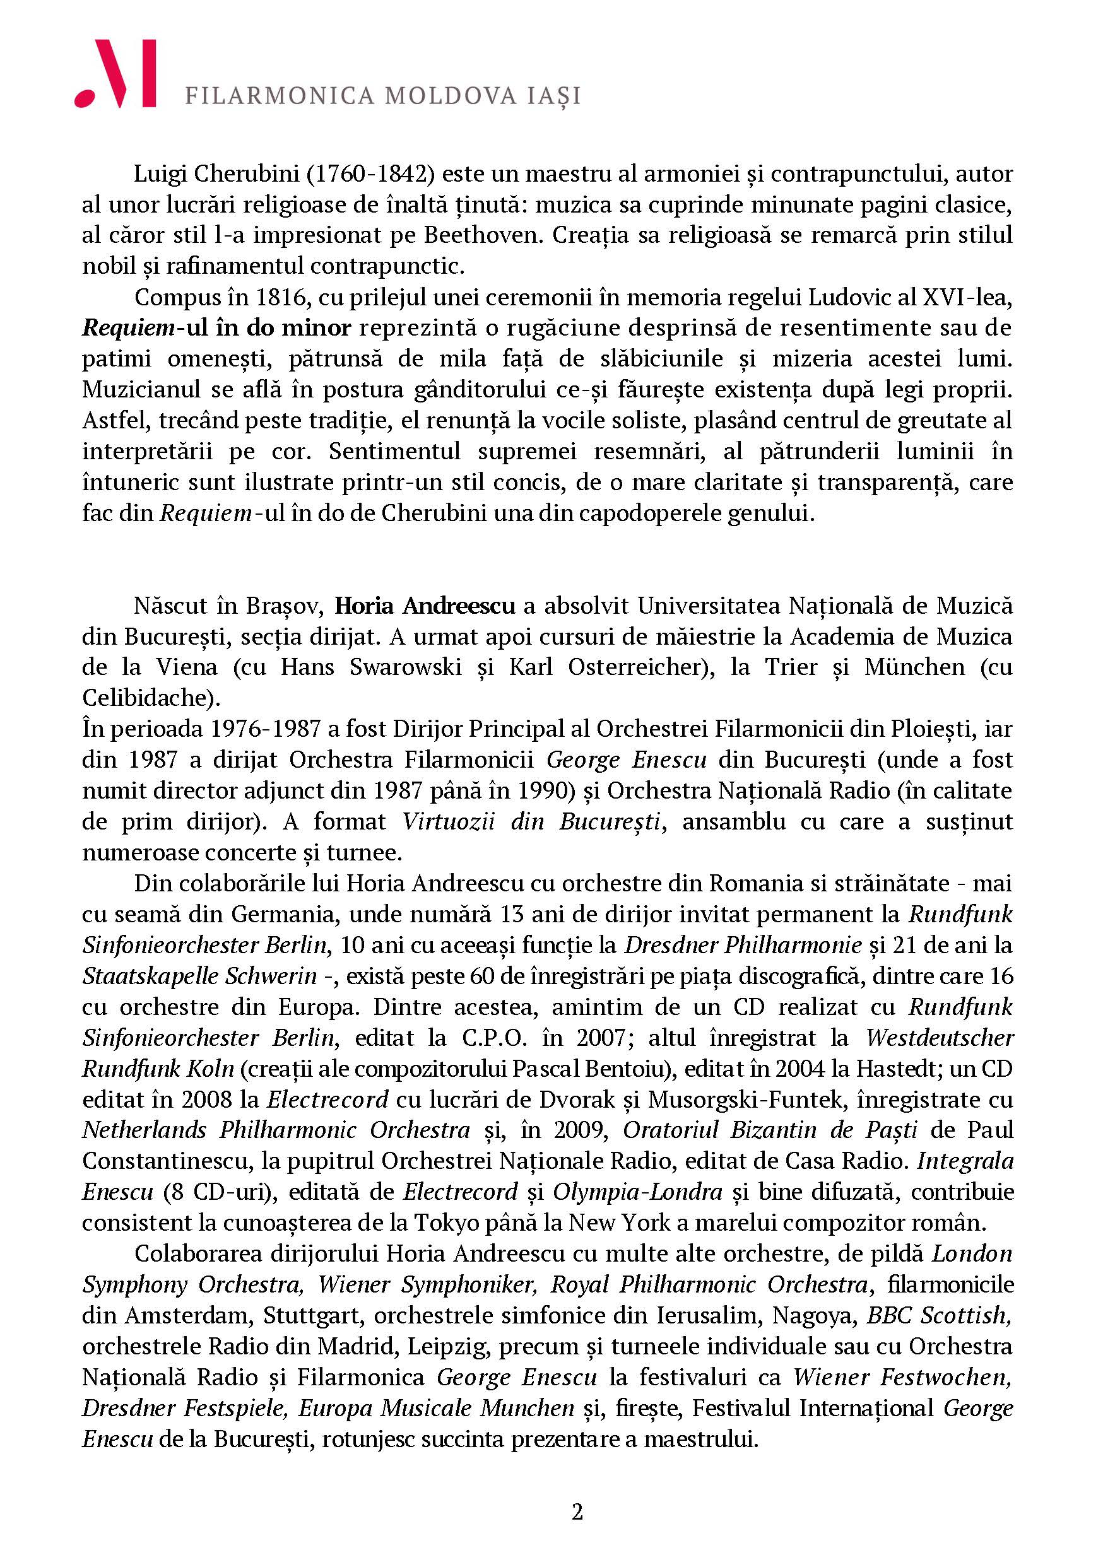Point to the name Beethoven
pyautogui.click(x=483, y=235)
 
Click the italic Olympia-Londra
pyautogui.click(x=637, y=1192)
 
